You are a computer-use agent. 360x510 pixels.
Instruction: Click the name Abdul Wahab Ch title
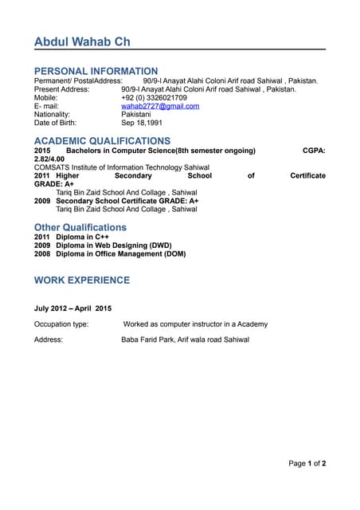click(x=82, y=41)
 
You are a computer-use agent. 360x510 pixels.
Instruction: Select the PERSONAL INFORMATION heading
click(x=96, y=71)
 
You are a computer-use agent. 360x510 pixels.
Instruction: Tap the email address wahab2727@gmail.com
click(x=160, y=106)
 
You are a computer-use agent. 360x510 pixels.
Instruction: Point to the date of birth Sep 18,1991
click(x=142, y=124)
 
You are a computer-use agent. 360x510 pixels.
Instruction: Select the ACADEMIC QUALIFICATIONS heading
click(x=102, y=141)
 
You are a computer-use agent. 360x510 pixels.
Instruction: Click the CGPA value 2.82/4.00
click(x=49, y=159)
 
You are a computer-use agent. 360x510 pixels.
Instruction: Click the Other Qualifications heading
click(x=80, y=227)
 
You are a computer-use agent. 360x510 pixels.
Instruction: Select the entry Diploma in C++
click(x=82, y=237)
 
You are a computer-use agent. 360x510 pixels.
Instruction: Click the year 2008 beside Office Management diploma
click(x=42, y=254)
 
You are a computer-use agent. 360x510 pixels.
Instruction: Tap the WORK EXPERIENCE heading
click(x=81, y=280)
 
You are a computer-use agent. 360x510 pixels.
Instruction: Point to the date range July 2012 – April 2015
click(x=72, y=308)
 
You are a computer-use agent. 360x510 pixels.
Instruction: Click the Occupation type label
click(x=61, y=324)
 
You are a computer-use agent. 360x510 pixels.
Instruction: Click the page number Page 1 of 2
click(x=307, y=463)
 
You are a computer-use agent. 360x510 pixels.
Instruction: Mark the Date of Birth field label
click(x=55, y=124)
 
